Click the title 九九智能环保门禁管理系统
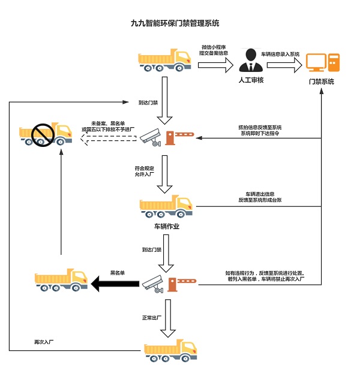pos(175,24)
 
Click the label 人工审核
pos(252,80)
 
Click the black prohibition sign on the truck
pos(43,133)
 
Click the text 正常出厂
pos(152,317)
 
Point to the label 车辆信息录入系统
pos(277,54)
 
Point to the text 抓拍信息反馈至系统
pos(259,128)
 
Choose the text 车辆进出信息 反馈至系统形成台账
pos(259,197)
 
